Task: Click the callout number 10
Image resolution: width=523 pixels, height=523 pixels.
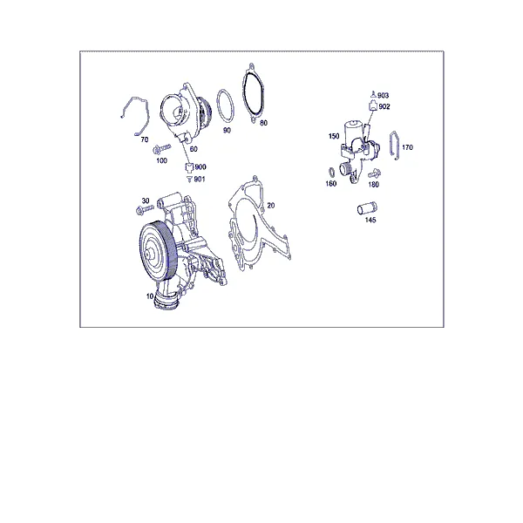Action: point(150,295)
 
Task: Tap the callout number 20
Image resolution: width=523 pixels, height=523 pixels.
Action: point(271,206)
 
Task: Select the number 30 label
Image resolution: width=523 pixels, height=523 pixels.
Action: point(146,200)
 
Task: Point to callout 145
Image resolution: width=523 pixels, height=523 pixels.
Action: point(370,220)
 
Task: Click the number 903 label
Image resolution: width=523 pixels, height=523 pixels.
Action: point(383,96)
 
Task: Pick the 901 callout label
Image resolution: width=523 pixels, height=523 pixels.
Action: point(200,180)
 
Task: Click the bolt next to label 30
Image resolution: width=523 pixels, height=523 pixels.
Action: point(145,209)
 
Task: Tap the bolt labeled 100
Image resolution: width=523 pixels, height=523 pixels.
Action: point(161,149)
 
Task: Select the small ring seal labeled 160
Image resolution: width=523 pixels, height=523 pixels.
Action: point(331,173)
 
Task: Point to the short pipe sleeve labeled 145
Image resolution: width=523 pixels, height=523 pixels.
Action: point(367,208)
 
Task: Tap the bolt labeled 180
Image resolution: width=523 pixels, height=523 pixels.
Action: point(375,174)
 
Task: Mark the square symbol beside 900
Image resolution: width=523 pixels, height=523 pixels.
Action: point(189,166)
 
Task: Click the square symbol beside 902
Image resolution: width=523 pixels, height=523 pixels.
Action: point(373,106)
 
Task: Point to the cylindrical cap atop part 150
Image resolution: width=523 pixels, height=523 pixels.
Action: point(353,131)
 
